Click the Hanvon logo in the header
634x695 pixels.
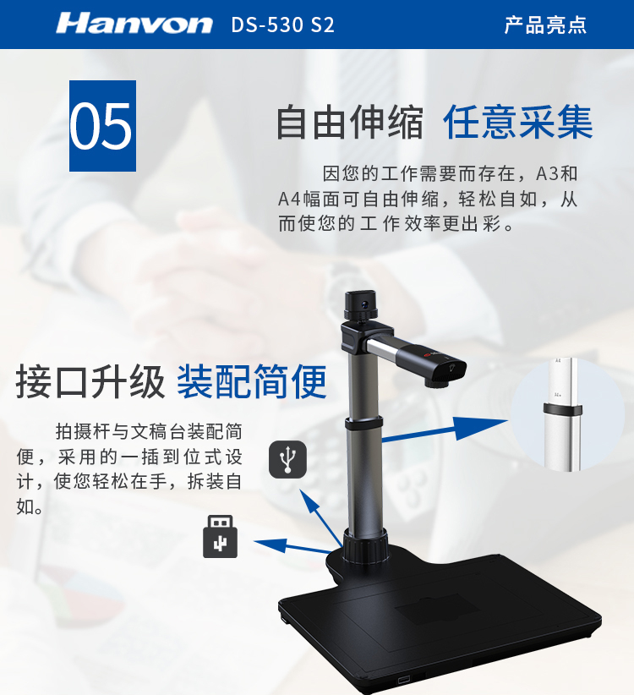[134, 24]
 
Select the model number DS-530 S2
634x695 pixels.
[282, 25]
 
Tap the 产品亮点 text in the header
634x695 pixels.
[545, 25]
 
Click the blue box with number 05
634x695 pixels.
[103, 126]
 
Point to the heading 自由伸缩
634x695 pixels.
[350, 123]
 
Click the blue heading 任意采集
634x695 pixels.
[518, 123]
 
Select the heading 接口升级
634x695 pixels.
[90, 381]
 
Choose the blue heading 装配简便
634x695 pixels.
[252, 381]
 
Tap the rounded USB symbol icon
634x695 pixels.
[288, 459]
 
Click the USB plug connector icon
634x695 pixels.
[220, 536]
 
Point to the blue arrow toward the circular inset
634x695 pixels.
[445, 429]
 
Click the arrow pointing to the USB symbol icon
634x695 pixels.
[320, 517]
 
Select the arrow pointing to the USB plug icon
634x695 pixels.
[292, 546]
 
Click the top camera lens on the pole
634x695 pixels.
[364, 304]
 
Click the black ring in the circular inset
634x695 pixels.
[563, 410]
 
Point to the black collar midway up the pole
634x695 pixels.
[363, 423]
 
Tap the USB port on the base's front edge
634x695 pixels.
[403, 680]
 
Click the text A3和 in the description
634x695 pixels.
[557, 174]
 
